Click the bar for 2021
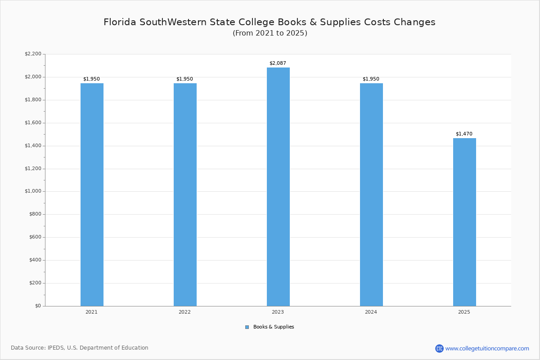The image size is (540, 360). [x=92, y=194]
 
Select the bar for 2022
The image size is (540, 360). [x=185, y=194]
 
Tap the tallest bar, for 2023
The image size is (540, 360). [x=278, y=187]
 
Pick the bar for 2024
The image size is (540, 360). [x=371, y=194]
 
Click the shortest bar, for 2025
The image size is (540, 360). [x=464, y=222]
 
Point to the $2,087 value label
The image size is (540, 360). [x=278, y=63]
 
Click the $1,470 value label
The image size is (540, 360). [x=464, y=134]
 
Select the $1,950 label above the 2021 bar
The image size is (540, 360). [x=91, y=79]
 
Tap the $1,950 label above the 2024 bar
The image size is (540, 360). [x=371, y=79]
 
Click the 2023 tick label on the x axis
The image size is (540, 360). [x=278, y=312]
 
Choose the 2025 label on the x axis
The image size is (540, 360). [x=464, y=312]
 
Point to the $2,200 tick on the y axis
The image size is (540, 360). [x=33, y=54]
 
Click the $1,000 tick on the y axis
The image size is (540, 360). [x=33, y=191]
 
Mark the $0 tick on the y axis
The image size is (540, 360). [x=37, y=306]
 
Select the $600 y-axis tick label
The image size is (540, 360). [x=35, y=237]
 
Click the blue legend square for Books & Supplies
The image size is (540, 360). [x=247, y=327]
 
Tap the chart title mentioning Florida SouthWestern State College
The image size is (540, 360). [x=270, y=22]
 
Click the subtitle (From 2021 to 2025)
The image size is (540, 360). [x=270, y=33]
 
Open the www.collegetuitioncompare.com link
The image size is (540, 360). [x=487, y=348]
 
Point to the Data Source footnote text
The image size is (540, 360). [x=80, y=348]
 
